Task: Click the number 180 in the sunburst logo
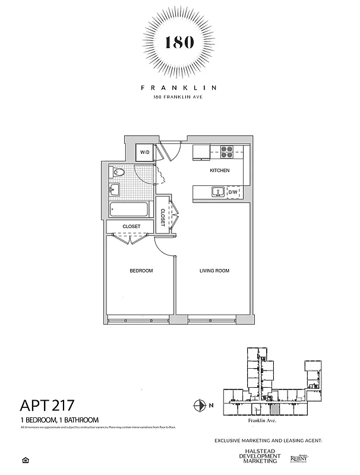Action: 179,43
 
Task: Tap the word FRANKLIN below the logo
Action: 179,87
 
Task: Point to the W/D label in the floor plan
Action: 145,153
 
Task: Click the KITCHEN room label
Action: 219,171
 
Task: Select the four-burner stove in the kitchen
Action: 228,151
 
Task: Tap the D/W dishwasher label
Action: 233,192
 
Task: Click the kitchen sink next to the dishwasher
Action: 218,192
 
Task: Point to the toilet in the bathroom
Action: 118,173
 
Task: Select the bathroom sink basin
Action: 116,190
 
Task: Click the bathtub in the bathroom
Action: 129,210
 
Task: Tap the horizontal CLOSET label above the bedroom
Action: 131,227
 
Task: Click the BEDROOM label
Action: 141,271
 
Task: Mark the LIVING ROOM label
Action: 214,271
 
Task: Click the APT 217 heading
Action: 48,406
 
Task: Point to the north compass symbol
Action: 200,406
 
